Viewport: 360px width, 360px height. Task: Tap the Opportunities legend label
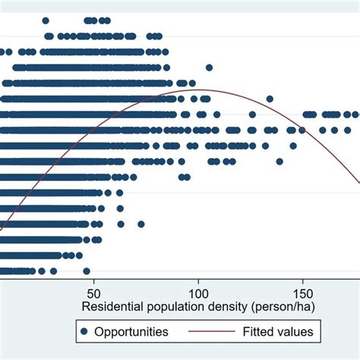pos(134,332)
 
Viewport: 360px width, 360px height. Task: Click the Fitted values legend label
pos(276,332)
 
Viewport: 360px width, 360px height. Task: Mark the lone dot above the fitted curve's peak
pos(209,68)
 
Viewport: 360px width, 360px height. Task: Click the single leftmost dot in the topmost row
pos(46,21)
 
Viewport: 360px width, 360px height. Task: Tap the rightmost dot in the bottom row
pos(87,270)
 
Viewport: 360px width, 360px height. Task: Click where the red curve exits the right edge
pos(358,183)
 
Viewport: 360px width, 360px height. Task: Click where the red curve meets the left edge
pos(2,227)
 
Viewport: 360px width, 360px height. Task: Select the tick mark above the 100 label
pos(198,280)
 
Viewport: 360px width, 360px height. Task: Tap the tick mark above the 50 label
pos(94,280)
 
